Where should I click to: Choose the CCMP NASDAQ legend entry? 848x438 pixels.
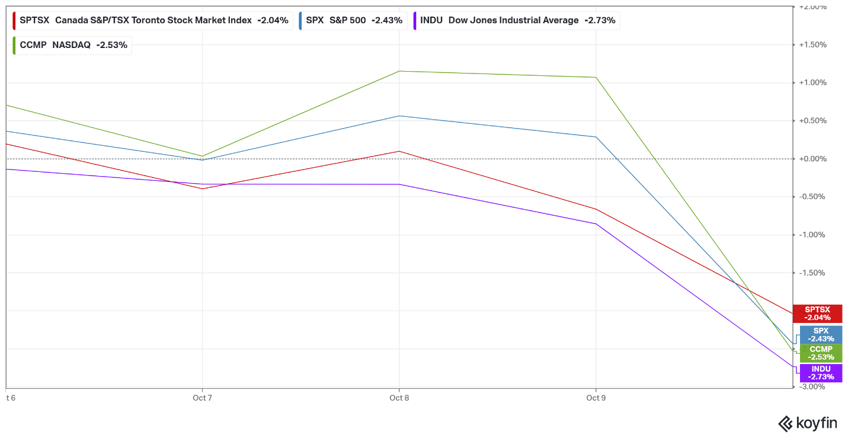[x=72, y=45]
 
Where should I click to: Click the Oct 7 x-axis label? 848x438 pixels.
[x=202, y=398]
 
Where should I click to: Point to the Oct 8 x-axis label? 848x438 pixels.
[x=399, y=398]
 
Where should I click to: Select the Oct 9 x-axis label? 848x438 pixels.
[x=596, y=398]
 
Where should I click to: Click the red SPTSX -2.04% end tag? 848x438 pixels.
[x=817, y=314]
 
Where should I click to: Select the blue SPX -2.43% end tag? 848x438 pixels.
[x=821, y=335]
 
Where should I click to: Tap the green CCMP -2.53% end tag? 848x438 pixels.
[x=821, y=353]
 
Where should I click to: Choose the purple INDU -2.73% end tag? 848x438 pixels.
[x=821, y=373]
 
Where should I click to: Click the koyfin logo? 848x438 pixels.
[x=807, y=423]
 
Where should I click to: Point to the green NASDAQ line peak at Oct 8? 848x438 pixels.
[x=399, y=71]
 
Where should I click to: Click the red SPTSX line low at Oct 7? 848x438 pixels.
[x=202, y=188]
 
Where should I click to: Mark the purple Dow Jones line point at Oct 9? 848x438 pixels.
[x=596, y=223]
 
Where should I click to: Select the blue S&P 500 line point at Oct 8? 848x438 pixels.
[x=399, y=116]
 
